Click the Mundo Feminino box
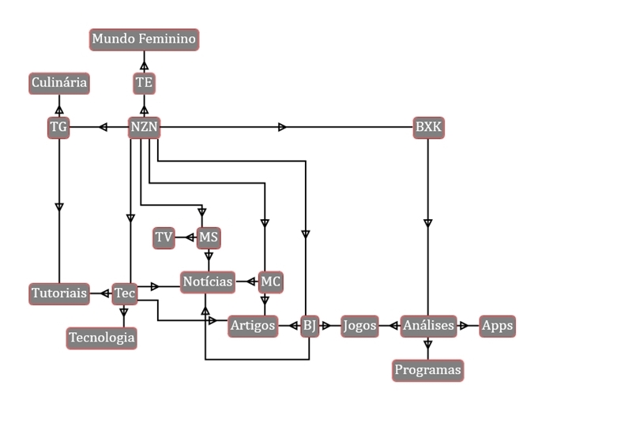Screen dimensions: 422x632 [143, 39]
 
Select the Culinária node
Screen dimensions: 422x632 [59, 82]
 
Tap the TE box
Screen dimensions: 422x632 [144, 82]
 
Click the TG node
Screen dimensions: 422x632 [59, 126]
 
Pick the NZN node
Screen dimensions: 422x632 [144, 126]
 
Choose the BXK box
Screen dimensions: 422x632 [428, 126]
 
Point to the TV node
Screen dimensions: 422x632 [164, 237]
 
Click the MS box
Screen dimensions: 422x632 [209, 237]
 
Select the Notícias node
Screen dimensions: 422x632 [208, 282]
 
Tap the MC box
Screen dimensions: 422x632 [270, 282]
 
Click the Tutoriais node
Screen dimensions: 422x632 [59, 293]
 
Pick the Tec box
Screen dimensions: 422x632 [124, 293]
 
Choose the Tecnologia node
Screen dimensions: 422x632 [102, 338]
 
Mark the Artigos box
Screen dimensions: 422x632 [253, 325]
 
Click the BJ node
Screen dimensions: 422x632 [309, 325]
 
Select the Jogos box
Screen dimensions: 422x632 [360, 325]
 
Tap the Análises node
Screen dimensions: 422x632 [427, 325]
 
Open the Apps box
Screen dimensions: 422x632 [497, 325]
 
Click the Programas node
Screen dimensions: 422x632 [427, 369]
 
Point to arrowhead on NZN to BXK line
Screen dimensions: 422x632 [283, 126]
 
